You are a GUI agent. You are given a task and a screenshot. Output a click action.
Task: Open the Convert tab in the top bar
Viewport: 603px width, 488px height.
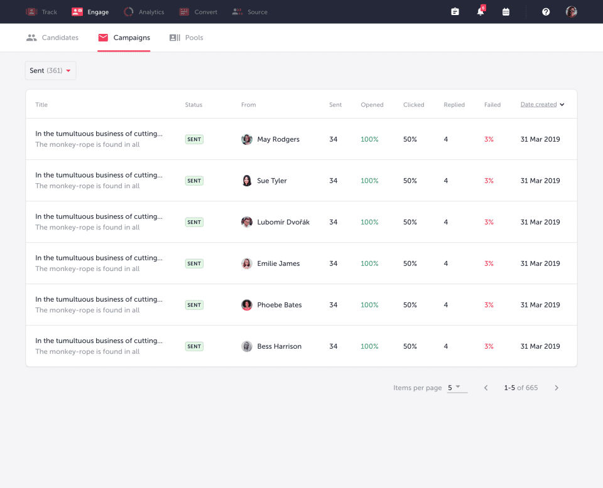click(198, 12)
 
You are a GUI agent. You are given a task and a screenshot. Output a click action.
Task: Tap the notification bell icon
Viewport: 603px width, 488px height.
click(481, 12)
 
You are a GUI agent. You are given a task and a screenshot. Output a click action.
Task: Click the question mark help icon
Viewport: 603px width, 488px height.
click(546, 12)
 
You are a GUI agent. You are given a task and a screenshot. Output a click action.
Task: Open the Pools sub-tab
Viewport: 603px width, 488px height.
click(187, 38)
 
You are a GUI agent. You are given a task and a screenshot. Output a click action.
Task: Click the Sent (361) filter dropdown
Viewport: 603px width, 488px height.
click(50, 70)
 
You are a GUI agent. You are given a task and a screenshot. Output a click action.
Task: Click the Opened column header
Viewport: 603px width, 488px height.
click(372, 105)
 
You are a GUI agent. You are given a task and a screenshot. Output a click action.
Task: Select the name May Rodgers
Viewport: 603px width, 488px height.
click(278, 139)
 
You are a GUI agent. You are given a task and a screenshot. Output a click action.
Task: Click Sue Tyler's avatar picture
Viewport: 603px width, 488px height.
click(247, 181)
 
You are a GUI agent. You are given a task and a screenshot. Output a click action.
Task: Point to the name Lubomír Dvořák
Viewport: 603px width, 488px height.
click(283, 222)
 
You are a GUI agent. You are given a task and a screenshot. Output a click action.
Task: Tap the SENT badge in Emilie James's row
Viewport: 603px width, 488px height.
click(194, 263)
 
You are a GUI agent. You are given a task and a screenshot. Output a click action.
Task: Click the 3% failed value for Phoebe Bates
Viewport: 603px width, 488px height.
click(489, 305)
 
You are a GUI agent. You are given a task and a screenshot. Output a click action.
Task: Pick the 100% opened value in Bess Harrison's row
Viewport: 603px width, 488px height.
click(369, 346)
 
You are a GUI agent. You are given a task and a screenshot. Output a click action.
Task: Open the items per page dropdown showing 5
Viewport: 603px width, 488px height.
click(457, 388)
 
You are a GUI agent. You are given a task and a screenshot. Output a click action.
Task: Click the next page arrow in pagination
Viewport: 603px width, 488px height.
click(557, 388)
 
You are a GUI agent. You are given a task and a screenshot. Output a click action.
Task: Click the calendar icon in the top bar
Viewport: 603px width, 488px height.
click(506, 12)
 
